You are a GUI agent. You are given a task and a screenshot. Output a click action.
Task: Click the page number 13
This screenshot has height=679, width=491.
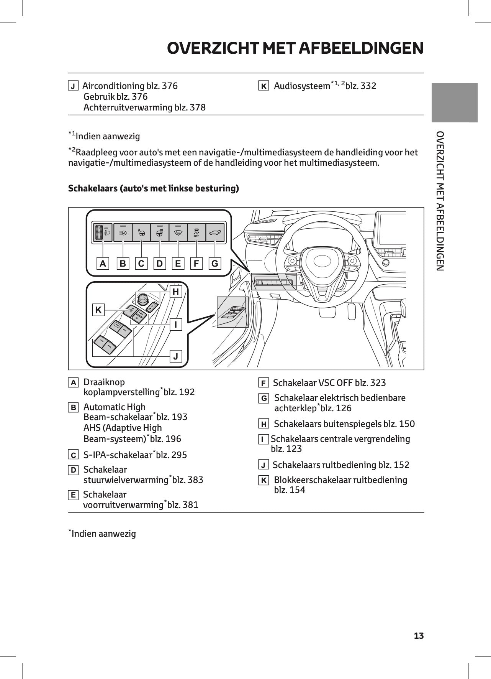click(419, 636)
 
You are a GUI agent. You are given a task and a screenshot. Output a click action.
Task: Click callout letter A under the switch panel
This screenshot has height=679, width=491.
click(103, 264)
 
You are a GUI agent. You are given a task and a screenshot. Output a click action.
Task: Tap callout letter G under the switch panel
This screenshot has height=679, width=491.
click(215, 264)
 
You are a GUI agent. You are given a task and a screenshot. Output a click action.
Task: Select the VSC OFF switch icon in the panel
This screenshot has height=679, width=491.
click(196, 232)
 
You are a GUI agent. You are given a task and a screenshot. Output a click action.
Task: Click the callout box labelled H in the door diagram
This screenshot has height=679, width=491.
click(176, 292)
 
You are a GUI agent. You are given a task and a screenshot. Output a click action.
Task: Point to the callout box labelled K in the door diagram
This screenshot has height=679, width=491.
click(98, 310)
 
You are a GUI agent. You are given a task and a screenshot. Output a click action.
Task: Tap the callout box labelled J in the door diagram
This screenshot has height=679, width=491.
click(176, 356)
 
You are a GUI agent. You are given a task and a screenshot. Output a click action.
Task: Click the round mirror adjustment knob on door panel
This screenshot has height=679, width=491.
click(142, 299)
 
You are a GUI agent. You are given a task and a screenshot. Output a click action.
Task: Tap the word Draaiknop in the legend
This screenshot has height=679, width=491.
click(104, 382)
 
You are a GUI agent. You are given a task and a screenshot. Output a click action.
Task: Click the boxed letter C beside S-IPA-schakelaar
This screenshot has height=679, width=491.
click(73, 455)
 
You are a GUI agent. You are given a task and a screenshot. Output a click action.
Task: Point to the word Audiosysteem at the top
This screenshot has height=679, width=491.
click(302, 86)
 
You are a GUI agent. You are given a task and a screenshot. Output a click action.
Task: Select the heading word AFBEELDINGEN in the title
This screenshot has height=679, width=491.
click(361, 48)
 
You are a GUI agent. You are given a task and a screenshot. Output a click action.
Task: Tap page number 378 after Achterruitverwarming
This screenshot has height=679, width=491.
click(197, 107)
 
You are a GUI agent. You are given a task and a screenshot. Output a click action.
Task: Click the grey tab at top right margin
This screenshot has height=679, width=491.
click(454, 102)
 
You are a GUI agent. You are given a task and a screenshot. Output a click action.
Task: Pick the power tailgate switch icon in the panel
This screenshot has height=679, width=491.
click(215, 232)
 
